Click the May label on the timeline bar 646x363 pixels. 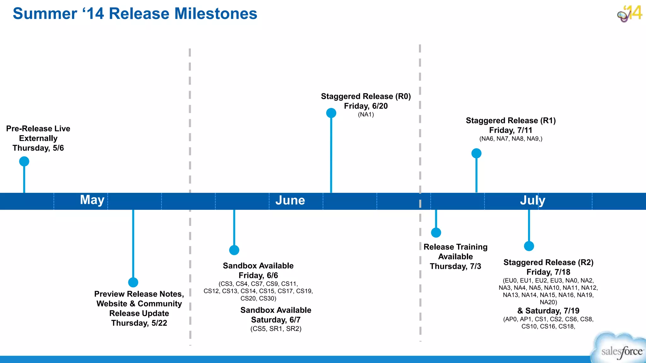coord(92,200)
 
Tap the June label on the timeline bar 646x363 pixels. coord(290,200)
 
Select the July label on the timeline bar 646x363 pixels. coord(532,200)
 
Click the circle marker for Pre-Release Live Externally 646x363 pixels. coord(24,161)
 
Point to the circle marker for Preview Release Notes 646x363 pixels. coord(133,282)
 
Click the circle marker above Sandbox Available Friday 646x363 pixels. coord(234,250)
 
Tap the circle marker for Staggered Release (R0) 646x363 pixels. coord(331,113)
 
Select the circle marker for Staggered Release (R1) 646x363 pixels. coord(476,153)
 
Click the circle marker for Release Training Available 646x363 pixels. coord(436,233)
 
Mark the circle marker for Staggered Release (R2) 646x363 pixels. coord(529,246)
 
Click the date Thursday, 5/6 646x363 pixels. coord(38,148)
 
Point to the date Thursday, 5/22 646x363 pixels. coord(139,323)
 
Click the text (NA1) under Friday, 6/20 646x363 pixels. coord(366,114)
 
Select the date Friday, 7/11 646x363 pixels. coord(511,130)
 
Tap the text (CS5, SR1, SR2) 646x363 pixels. coord(276,329)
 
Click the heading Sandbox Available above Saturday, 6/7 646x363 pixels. coord(276,310)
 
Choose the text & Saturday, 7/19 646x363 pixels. coord(548,311)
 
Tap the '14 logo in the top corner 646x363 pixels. coord(630,14)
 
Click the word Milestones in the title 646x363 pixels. coord(216,14)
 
